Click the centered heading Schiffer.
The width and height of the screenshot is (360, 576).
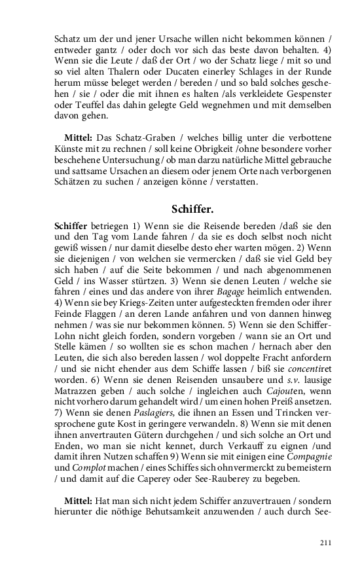click(192, 210)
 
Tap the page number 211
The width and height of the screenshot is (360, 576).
click(325, 542)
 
